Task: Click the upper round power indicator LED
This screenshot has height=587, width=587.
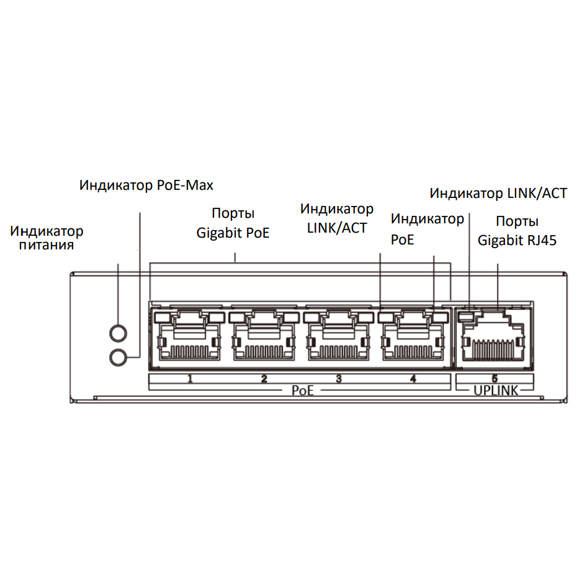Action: pyautogui.click(x=118, y=333)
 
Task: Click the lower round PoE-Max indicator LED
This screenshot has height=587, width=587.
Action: pyautogui.click(x=118, y=357)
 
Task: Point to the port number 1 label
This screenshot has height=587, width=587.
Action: pyautogui.click(x=190, y=379)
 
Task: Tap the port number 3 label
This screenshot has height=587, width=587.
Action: pyautogui.click(x=339, y=379)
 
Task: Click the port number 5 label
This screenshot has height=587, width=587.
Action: pyautogui.click(x=495, y=379)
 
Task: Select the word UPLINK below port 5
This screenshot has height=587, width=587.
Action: pyautogui.click(x=496, y=390)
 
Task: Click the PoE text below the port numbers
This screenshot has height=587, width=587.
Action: pyautogui.click(x=302, y=390)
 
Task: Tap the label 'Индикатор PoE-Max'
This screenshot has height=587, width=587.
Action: pyautogui.click(x=146, y=185)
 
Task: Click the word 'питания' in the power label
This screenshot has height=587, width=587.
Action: pyautogui.click(x=47, y=245)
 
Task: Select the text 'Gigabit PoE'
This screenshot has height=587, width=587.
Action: pyautogui.click(x=233, y=233)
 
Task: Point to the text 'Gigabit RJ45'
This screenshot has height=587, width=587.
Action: pyautogui.click(x=517, y=240)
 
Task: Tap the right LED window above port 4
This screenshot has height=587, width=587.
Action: pyautogui.click(x=441, y=318)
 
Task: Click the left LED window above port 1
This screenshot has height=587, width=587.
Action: pyautogui.click(x=163, y=318)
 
